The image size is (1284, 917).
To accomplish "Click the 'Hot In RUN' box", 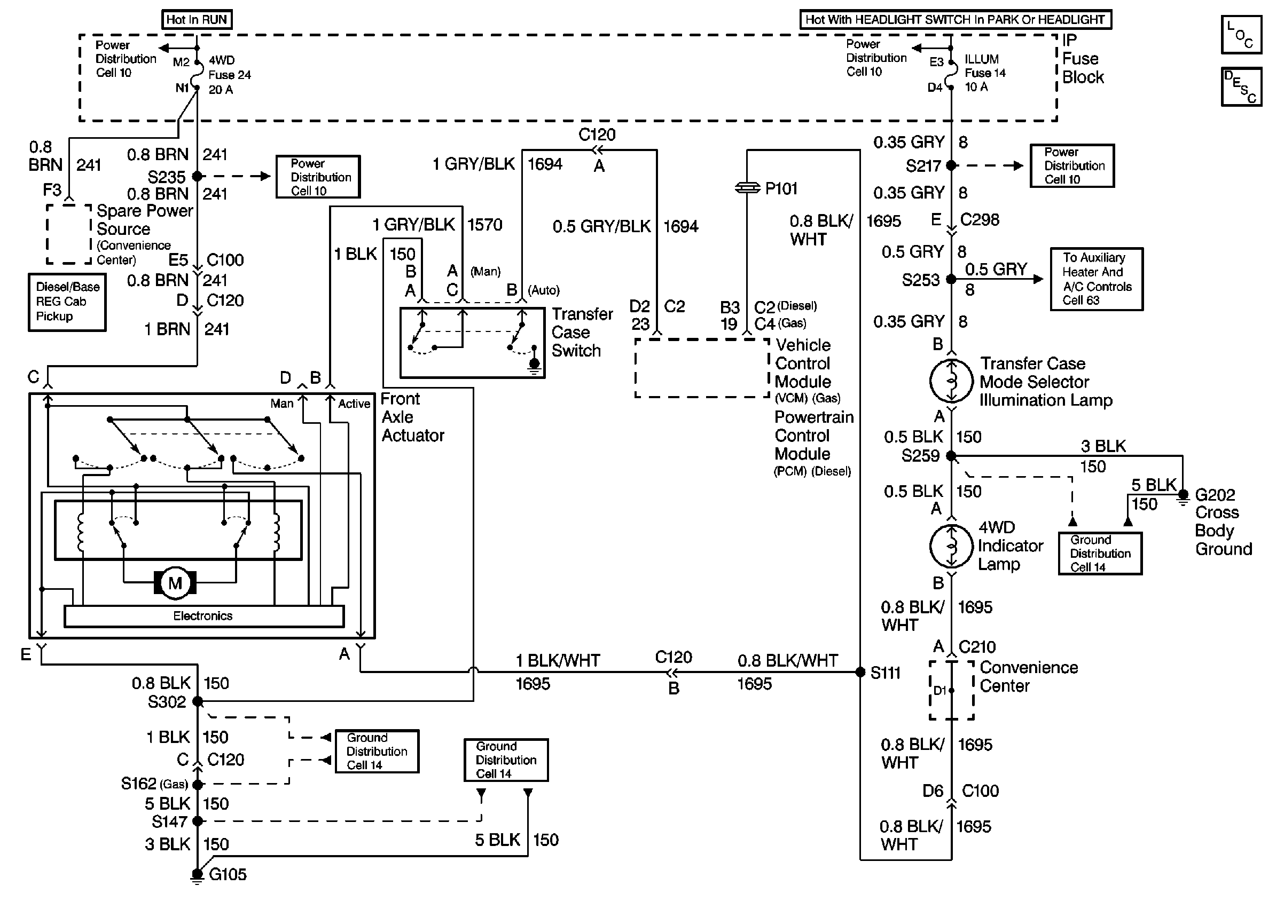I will (x=197, y=20).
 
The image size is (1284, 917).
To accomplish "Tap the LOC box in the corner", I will (x=1241, y=35).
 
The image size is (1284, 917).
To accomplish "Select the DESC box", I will (x=1241, y=87).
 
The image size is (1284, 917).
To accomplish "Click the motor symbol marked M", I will (x=175, y=583).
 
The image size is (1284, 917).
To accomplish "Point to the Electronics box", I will (x=203, y=616).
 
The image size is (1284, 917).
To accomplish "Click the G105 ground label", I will (x=228, y=875).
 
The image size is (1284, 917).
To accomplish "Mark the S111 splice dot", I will (x=860, y=672).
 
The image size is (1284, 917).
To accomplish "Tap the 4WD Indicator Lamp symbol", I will (x=951, y=546).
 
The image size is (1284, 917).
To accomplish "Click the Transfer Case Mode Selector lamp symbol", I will (x=951, y=381).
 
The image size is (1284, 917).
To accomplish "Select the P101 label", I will (x=781, y=188).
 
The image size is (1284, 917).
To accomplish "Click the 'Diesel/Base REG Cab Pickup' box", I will (x=67, y=302).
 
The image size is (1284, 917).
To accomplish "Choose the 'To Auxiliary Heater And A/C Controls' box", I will (x=1097, y=279).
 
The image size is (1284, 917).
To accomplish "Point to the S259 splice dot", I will (x=951, y=456).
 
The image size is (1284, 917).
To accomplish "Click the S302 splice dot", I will (x=198, y=701).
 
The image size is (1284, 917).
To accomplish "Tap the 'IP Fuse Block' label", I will (x=1082, y=59).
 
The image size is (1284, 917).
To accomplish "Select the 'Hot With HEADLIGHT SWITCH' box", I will (x=955, y=20).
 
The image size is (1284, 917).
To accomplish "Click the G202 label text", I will (x=1215, y=495).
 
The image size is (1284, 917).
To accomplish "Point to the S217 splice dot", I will (x=951, y=165).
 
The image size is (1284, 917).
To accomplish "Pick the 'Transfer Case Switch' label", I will (x=582, y=332).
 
